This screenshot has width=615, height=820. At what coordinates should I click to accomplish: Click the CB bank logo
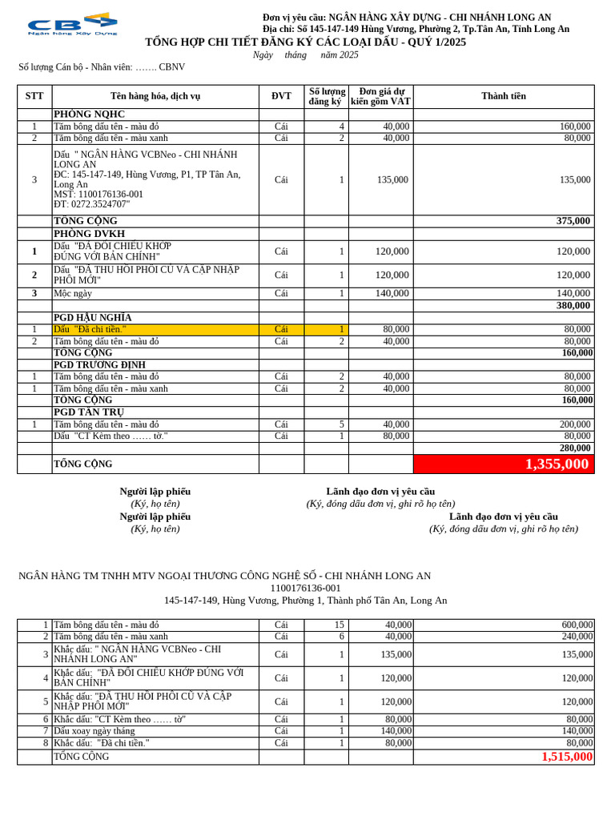pyautogui.click(x=72, y=24)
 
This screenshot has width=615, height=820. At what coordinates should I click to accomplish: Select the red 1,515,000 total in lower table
pyautogui.click(x=567, y=757)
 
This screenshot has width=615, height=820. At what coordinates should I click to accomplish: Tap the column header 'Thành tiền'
pyautogui.click(x=504, y=96)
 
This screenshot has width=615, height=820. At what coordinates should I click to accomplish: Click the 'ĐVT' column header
pyautogui.click(x=281, y=96)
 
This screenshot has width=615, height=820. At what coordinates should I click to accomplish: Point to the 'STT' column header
pyautogui.click(x=34, y=96)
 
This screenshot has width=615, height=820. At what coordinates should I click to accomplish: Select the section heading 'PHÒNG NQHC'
pyautogui.click(x=89, y=115)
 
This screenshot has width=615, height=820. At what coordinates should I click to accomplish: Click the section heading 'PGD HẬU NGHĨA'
pyautogui.click(x=92, y=318)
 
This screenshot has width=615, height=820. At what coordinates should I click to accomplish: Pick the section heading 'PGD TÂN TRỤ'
pyautogui.click(x=89, y=412)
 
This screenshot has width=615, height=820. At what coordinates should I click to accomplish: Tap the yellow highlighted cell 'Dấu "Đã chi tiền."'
pyautogui.click(x=90, y=329)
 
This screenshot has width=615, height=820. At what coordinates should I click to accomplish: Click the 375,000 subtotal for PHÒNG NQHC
pyautogui.click(x=573, y=221)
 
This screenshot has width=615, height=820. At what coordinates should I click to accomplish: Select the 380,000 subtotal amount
pyautogui.click(x=573, y=306)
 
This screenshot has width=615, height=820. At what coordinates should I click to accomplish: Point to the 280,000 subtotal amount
pyautogui.click(x=574, y=448)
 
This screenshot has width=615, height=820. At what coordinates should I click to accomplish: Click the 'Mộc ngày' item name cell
pyautogui.click(x=73, y=294)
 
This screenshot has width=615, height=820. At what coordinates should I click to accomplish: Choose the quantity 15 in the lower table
pyautogui.click(x=339, y=625)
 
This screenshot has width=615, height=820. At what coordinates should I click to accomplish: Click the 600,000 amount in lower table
pyautogui.click(x=577, y=625)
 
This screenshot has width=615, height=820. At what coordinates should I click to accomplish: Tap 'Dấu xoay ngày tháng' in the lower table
pyautogui.click(x=94, y=731)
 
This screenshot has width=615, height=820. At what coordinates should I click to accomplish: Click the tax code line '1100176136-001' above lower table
pyautogui.click(x=305, y=588)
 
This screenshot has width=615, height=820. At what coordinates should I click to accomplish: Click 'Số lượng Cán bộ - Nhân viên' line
pyautogui.click(x=102, y=67)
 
